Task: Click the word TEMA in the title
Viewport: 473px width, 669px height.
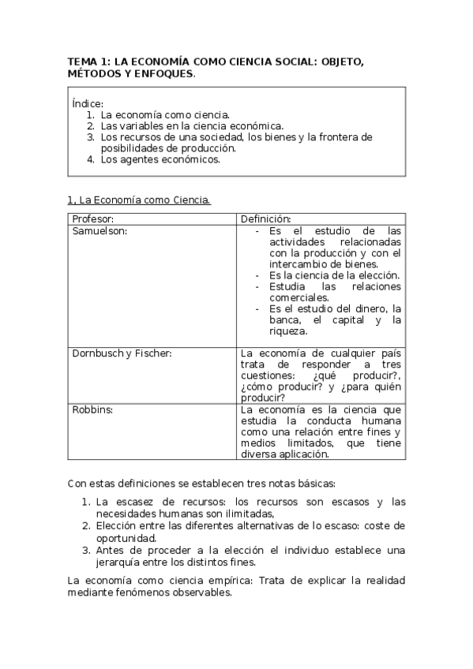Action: pyautogui.click(x=80, y=60)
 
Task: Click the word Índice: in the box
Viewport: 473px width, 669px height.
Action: pyautogui.click(x=87, y=103)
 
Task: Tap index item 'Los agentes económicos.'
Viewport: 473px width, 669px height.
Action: pyautogui.click(x=160, y=159)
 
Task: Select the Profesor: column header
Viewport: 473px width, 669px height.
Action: pyautogui.click(x=93, y=219)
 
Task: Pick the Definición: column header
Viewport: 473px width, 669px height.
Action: pyautogui.click(x=266, y=219)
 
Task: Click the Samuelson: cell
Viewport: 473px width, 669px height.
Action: pyautogui.click(x=100, y=230)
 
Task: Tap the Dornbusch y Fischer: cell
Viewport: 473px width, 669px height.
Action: pyautogui.click(x=122, y=353)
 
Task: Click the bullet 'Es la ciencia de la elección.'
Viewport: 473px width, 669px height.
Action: pyautogui.click(x=334, y=275)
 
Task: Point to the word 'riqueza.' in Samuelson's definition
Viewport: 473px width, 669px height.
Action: pyautogui.click(x=288, y=331)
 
